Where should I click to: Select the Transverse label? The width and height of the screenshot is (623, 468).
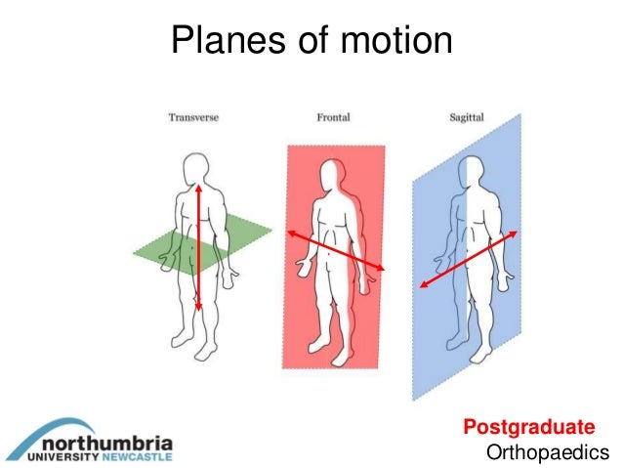[193, 118]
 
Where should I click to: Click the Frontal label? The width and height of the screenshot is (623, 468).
[333, 118]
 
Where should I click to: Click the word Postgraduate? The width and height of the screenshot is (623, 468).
[528, 427]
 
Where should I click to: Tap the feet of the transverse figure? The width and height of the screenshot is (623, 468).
[191, 349]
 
